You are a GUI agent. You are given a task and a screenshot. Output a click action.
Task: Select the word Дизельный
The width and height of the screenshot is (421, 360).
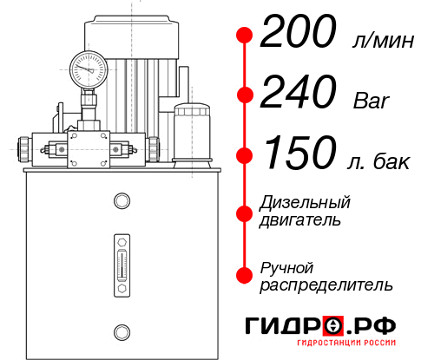(306, 203)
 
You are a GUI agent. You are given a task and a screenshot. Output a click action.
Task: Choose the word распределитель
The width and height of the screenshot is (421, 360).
(326, 285)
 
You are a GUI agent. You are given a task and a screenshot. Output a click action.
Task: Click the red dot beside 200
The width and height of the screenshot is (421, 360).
(245, 36)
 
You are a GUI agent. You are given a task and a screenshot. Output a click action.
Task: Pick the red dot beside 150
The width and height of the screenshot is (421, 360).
(245, 155)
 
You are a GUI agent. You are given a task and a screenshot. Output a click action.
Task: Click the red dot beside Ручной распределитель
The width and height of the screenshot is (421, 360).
(245, 274)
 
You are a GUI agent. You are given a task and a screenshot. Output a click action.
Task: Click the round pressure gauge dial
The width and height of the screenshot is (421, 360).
(87, 67)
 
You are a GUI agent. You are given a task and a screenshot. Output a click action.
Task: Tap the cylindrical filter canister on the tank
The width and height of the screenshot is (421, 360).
(191, 132)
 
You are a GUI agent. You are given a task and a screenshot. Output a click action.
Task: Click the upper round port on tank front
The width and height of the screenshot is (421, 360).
(121, 202)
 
